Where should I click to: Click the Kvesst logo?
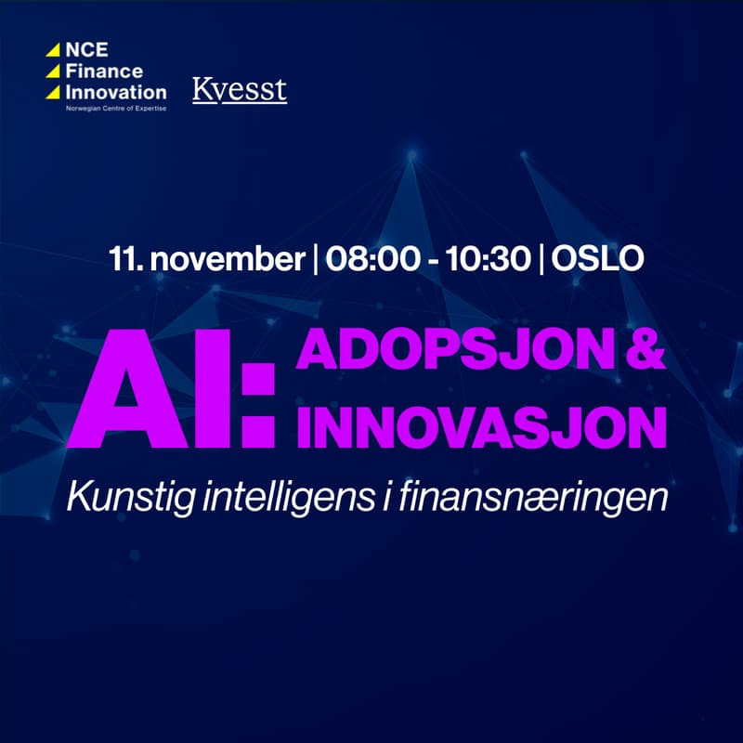coord(240,90)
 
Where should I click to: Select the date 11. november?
coord(206,259)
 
